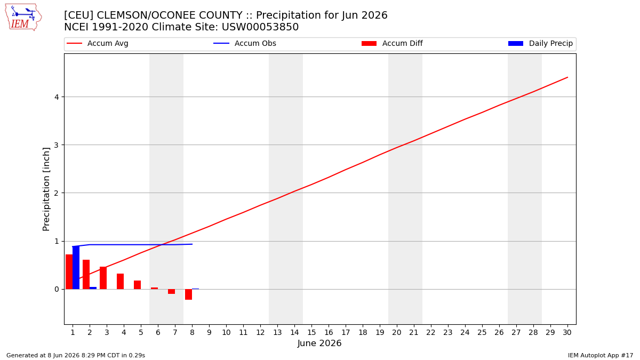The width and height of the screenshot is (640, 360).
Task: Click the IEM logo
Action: point(23,17)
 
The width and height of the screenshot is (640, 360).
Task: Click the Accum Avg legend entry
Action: point(98,43)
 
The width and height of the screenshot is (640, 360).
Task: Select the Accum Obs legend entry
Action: point(245,43)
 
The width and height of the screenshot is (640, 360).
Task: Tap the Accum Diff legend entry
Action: point(392,43)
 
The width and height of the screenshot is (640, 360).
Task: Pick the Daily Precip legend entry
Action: point(541,43)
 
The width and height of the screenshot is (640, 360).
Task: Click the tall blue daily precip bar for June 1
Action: point(76,267)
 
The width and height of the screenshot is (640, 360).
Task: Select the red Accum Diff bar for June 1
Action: point(69,271)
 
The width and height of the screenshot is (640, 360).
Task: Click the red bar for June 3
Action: point(103,278)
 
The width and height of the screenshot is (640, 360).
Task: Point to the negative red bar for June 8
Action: point(189,294)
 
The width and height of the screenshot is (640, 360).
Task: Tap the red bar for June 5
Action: point(138,285)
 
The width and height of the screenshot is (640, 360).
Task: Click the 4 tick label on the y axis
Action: point(57,97)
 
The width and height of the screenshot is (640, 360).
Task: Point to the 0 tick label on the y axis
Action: point(57,290)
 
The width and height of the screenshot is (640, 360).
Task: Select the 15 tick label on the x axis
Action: point(311,333)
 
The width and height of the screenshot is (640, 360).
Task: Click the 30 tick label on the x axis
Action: point(567,333)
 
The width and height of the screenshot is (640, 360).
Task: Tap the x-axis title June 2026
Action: point(319,343)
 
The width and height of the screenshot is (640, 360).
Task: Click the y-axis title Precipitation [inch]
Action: point(46,189)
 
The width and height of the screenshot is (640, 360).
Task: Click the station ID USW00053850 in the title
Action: point(260,27)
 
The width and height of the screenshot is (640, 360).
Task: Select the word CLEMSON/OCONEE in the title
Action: point(169,15)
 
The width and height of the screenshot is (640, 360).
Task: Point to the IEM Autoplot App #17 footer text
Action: point(601,355)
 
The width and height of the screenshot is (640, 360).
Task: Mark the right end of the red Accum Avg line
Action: point(567,77)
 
